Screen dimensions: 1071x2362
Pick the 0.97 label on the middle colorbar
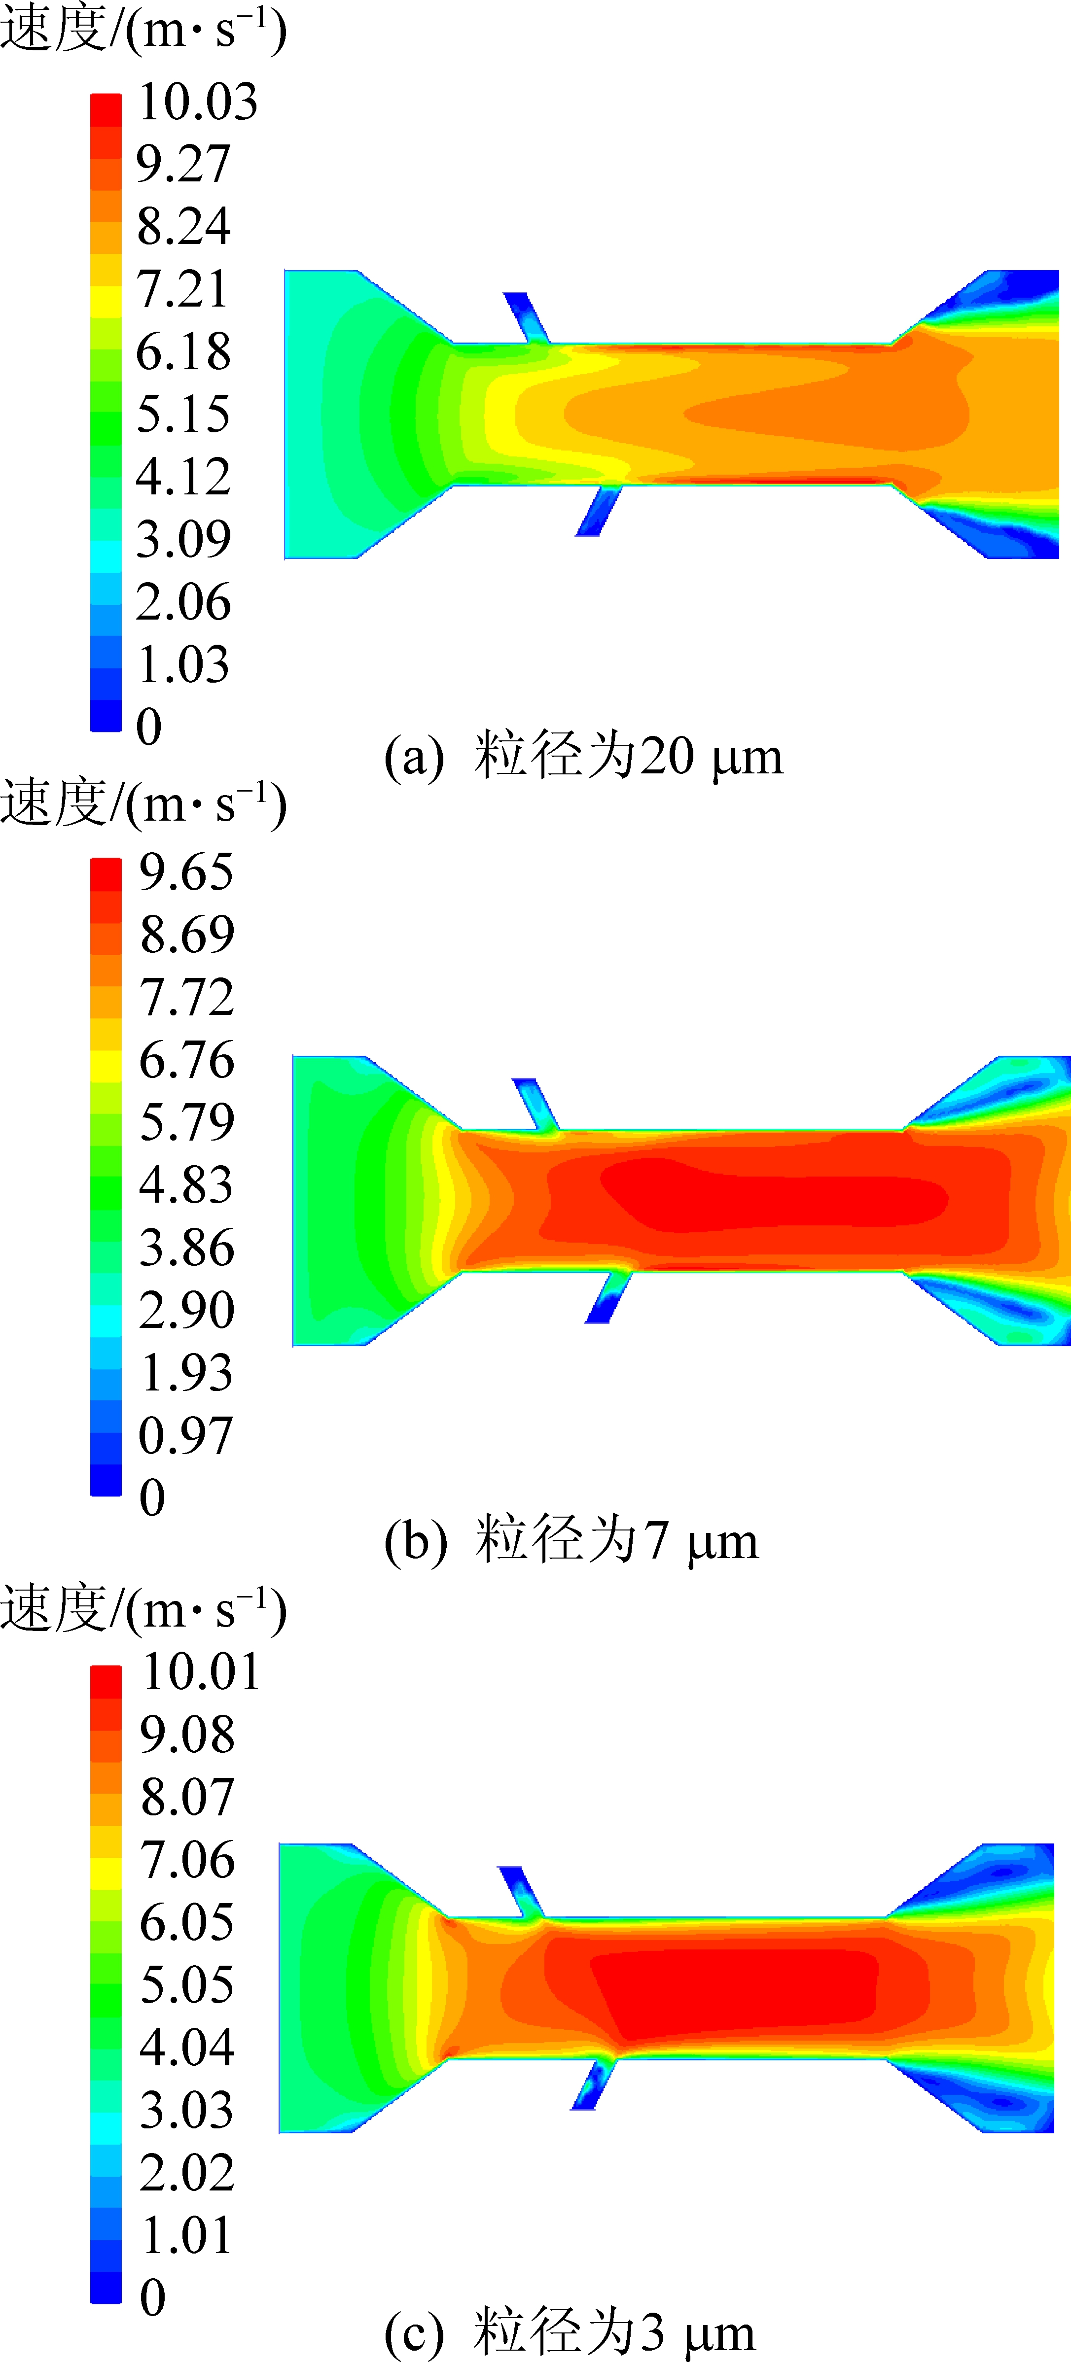click(186, 1435)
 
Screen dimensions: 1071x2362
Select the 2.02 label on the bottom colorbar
click(186, 2171)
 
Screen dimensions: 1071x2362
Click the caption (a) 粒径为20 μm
click(583, 758)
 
